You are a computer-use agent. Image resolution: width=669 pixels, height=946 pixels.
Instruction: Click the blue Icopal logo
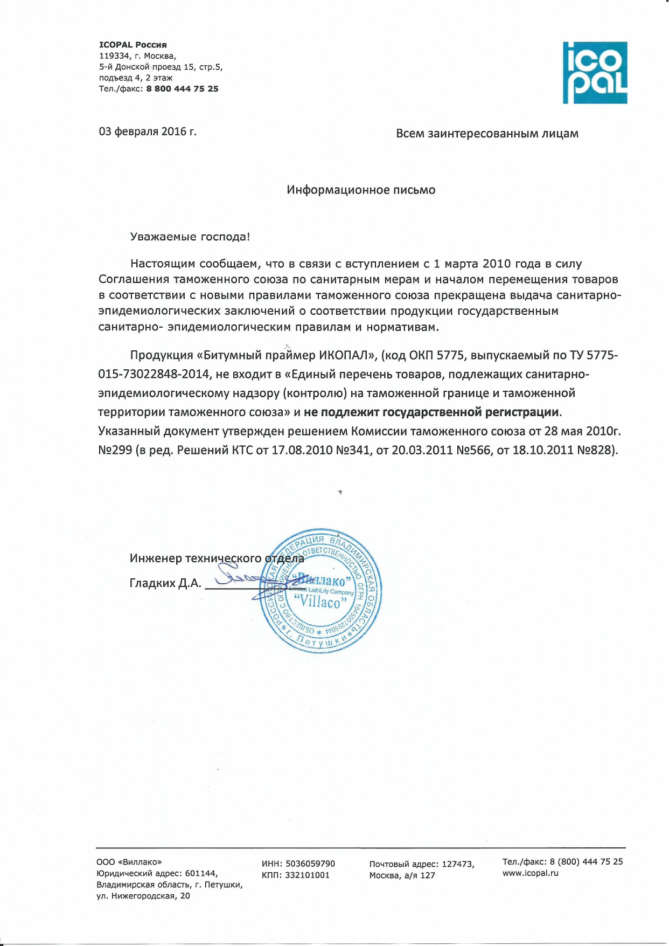tap(595, 72)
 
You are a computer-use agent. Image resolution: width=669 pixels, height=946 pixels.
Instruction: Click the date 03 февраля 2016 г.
tap(148, 132)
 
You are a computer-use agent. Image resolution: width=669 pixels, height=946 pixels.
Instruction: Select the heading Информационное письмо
tap(361, 190)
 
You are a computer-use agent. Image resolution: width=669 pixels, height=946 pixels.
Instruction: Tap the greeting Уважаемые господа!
tap(190, 237)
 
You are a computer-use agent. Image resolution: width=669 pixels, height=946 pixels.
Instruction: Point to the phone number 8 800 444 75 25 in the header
tap(182, 89)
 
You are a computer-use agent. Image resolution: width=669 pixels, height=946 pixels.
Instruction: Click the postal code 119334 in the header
tap(114, 56)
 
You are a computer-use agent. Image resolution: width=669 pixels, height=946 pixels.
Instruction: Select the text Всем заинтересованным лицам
tap(487, 134)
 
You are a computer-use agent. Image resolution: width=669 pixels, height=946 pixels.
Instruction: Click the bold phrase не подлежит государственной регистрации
tap(431, 412)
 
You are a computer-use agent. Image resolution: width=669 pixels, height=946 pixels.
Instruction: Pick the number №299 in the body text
tap(115, 450)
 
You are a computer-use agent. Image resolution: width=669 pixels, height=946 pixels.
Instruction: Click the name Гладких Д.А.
tap(165, 583)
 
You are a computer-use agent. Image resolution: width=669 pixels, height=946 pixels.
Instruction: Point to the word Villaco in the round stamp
tap(320, 602)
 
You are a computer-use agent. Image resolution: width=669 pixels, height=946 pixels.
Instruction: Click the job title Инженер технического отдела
tap(217, 558)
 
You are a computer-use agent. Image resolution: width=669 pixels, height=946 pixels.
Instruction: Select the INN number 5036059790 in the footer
tap(310, 864)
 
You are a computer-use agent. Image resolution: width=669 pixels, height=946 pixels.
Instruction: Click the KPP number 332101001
tap(306, 875)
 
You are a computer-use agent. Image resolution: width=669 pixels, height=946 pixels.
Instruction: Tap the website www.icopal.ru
tap(531, 873)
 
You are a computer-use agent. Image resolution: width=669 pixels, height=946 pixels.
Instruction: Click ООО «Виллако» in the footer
tap(129, 862)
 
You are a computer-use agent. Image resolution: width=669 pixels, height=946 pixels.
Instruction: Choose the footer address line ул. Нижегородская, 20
tap(143, 896)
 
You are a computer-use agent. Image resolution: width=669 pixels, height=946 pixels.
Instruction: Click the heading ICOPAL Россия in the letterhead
tap(133, 45)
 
